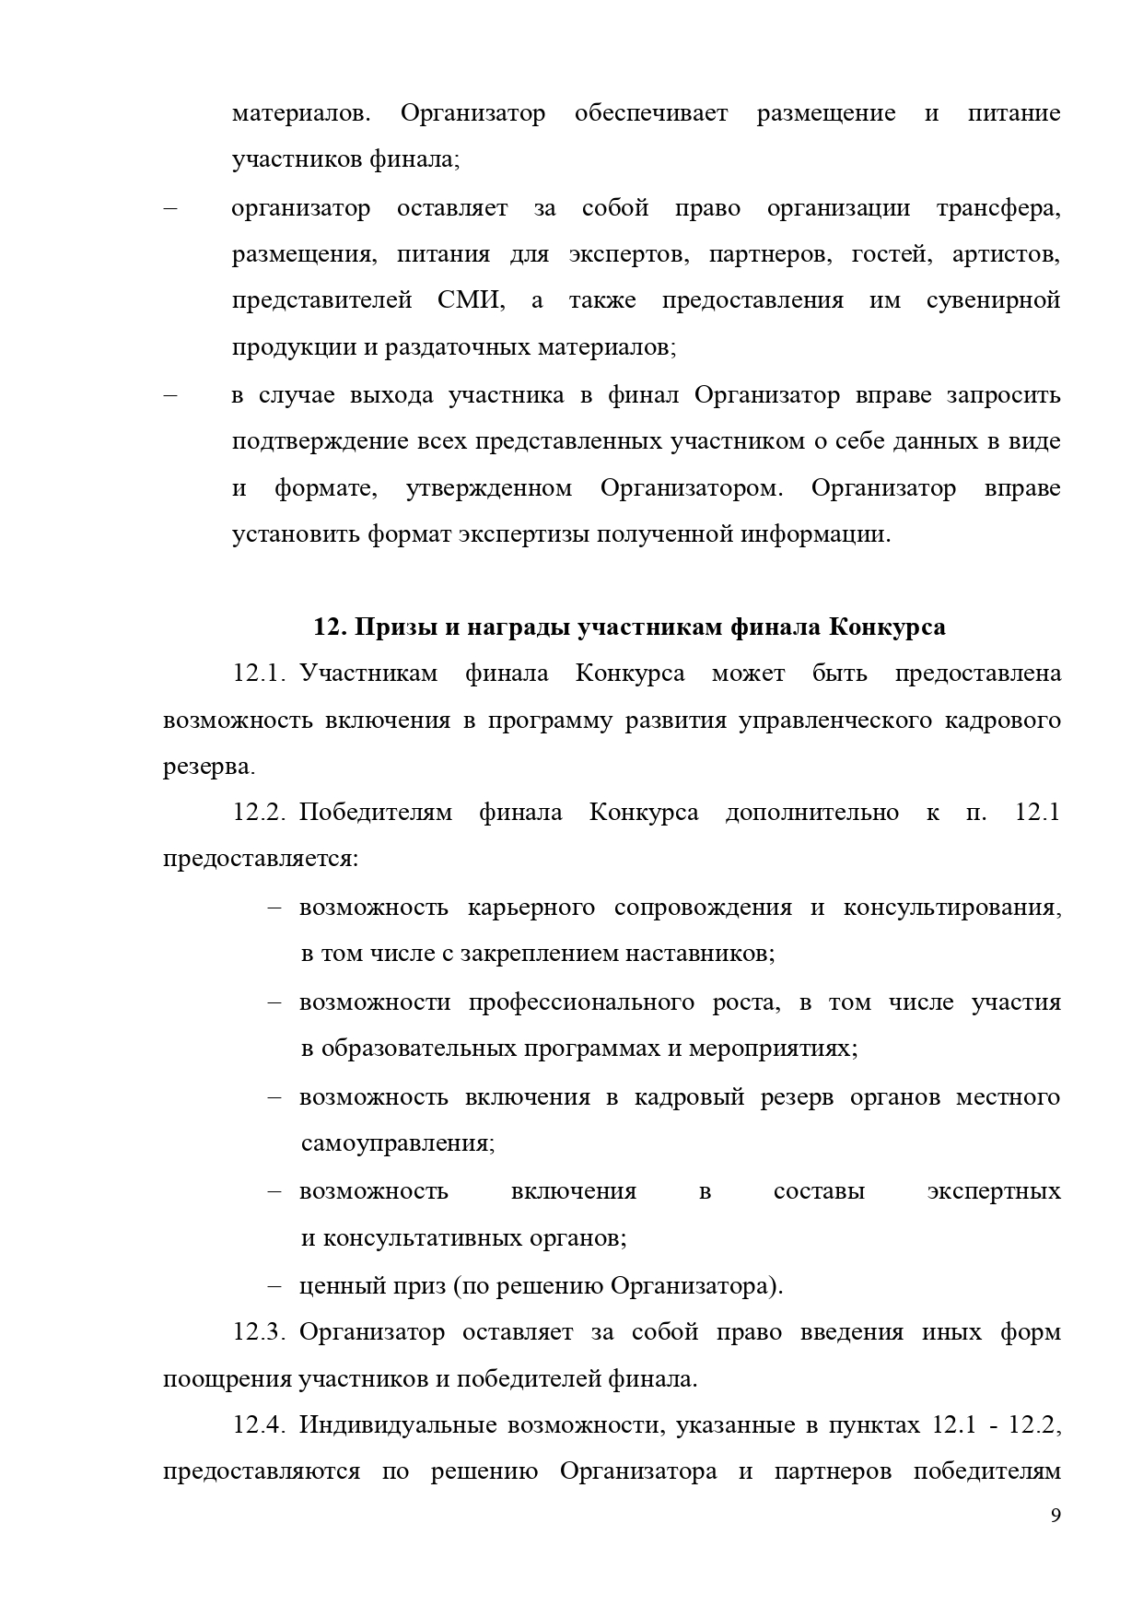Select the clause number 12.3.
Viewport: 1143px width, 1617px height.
point(260,1332)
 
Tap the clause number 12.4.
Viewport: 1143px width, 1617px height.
point(260,1426)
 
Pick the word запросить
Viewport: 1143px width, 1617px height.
point(1003,395)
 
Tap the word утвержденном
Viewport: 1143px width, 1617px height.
point(488,487)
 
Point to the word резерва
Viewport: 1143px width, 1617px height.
point(208,767)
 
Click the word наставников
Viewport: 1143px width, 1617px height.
point(700,953)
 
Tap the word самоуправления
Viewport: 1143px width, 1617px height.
point(397,1143)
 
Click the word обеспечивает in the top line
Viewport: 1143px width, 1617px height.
point(650,113)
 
